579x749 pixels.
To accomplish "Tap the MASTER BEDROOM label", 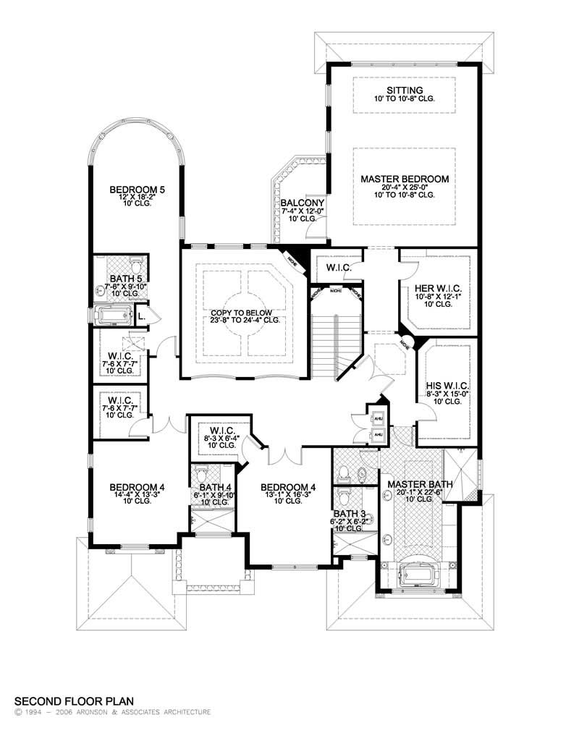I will coord(405,178).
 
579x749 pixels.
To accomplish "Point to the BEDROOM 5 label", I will coord(138,190).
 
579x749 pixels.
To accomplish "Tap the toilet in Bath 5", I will coord(135,261).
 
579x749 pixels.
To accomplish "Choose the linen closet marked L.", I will coord(142,316).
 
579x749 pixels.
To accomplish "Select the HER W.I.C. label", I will coord(435,288).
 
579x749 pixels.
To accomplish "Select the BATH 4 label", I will coord(212,487).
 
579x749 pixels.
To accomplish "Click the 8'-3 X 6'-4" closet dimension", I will coord(219,437).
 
